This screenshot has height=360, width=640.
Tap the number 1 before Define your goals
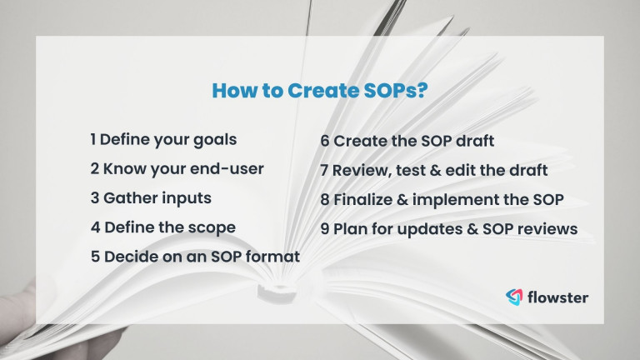[94, 139]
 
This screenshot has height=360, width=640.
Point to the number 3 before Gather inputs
[95, 198]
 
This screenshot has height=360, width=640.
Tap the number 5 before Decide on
[95, 257]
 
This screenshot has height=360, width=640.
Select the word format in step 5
[272, 257]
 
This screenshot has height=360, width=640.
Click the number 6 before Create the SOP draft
[325, 141]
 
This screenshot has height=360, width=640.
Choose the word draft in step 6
[473, 141]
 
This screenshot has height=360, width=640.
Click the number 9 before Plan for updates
[325, 229]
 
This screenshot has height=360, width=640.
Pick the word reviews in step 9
[547, 229]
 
